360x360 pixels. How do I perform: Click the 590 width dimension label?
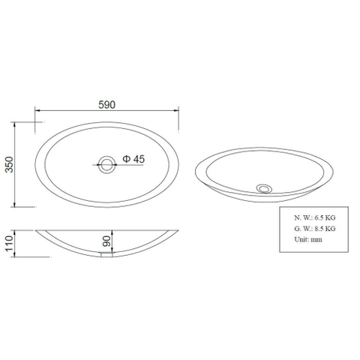[106, 105]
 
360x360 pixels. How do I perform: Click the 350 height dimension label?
[9, 164]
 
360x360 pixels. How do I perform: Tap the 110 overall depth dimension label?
[9, 243]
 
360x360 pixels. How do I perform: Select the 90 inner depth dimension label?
[106, 241]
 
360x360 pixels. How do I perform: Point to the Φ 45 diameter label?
[133, 159]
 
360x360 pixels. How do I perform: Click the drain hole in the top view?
[107, 165]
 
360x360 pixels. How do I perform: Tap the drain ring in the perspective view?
[264, 188]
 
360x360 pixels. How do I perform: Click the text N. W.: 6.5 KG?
[314, 217]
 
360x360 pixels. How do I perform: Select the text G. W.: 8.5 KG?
[314, 229]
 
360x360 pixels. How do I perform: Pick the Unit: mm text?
[308, 239]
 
